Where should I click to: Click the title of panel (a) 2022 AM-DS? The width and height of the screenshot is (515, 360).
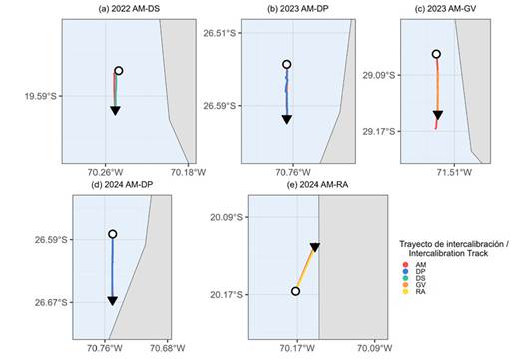[129, 9]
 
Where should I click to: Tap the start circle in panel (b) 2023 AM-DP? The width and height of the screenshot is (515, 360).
[287, 64]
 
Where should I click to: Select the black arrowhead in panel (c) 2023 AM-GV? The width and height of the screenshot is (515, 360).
[438, 115]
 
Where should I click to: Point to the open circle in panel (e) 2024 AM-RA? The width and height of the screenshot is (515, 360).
[295, 291]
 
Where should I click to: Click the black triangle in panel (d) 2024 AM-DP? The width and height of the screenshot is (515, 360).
[113, 301]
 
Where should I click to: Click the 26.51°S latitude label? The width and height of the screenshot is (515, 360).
[220, 33]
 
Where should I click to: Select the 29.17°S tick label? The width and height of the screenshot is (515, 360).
[379, 132]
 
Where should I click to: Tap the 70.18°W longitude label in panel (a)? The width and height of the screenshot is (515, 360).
[188, 172]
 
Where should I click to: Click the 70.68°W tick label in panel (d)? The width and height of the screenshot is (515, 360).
[167, 348]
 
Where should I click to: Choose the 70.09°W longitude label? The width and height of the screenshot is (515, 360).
[375, 348]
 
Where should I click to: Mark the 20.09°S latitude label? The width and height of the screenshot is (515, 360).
[226, 217]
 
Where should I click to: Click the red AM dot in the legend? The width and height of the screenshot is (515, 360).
[405, 265]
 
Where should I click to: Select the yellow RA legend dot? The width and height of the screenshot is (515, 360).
[405, 292]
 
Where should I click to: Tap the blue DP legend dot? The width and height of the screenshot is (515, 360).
[405, 272]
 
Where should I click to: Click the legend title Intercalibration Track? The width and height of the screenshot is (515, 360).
[448, 253]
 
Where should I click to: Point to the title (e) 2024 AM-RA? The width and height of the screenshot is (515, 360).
[317, 185]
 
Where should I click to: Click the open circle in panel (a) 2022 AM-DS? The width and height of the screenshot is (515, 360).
[118, 71]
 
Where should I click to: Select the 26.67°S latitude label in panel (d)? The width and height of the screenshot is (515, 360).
[51, 303]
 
